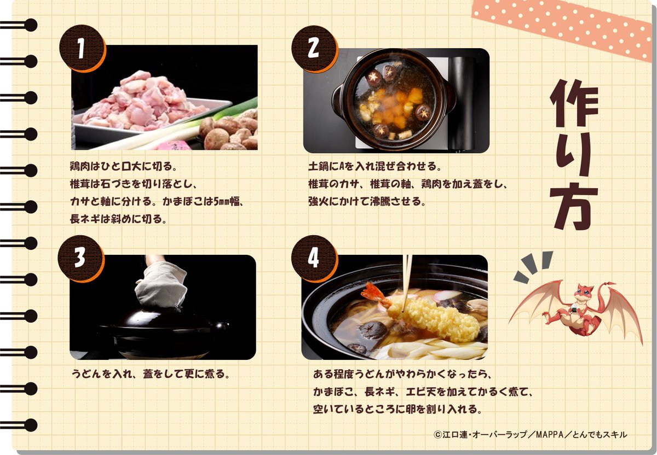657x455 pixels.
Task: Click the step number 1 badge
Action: click(83, 49)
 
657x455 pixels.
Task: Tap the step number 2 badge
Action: click(314, 49)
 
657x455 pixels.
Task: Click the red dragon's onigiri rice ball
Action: click(577, 308)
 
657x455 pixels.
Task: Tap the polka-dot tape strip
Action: click(564, 30)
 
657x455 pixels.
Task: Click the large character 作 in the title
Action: click(574, 103)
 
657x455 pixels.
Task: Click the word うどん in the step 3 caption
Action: click(87, 374)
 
